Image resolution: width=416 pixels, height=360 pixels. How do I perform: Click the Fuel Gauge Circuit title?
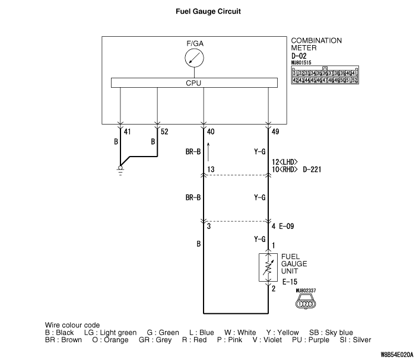[208, 11]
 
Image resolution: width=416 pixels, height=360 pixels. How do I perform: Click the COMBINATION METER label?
[316, 44]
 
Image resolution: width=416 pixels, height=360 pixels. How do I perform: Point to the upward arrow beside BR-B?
[209, 151]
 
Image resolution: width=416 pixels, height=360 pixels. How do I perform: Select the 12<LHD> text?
[284, 162]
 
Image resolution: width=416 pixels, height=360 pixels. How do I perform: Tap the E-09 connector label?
[287, 225]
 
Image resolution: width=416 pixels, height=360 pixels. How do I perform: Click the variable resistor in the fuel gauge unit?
[268, 267]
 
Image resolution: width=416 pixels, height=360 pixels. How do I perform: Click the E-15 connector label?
[290, 282]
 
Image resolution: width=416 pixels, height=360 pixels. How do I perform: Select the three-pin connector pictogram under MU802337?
[307, 304]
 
